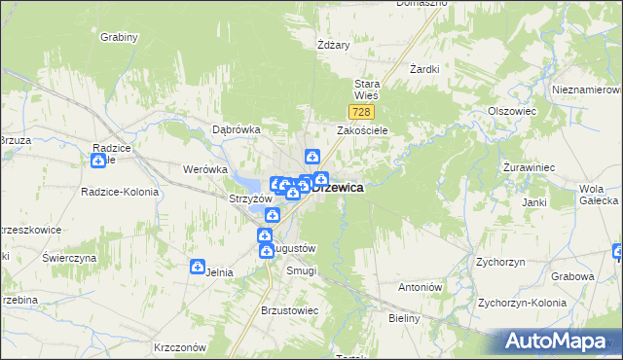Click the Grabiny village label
[119, 37]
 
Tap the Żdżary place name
[333, 45]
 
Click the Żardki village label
[425, 70]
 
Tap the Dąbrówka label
[237, 129]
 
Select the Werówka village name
[204, 169]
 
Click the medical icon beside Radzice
[98, 147]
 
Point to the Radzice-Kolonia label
[120, 192]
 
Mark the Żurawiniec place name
[529, 167]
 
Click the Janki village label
[533, 202]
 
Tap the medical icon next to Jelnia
[198, 267]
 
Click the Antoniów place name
[421, 288]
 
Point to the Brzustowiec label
[290, 310]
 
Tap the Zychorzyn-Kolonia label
[522, 303]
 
